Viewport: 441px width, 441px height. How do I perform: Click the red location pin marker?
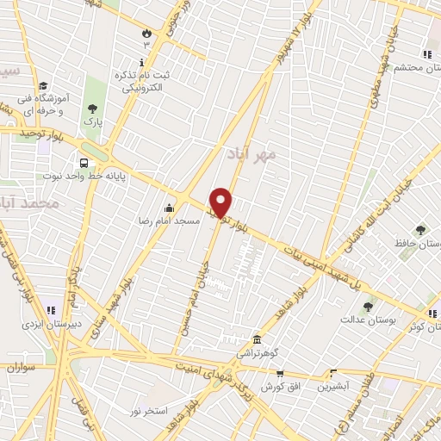click(221, 202)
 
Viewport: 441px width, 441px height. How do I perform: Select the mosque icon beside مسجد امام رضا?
click(169, 208)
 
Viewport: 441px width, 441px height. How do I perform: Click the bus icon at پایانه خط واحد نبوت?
click(84, 162)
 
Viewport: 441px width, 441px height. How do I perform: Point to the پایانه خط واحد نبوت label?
click(86, 177)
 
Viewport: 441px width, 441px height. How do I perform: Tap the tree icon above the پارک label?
click(92, 109)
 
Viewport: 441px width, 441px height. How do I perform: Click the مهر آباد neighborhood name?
click(252, 155)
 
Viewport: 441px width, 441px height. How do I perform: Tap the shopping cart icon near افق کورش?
click(280, 375)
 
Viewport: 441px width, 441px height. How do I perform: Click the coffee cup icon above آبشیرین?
click(332, 374)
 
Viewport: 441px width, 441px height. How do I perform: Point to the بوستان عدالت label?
click(366, 320)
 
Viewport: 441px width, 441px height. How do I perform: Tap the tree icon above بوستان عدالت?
click(368, 306)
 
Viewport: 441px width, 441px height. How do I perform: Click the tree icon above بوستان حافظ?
click(420, 230)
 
